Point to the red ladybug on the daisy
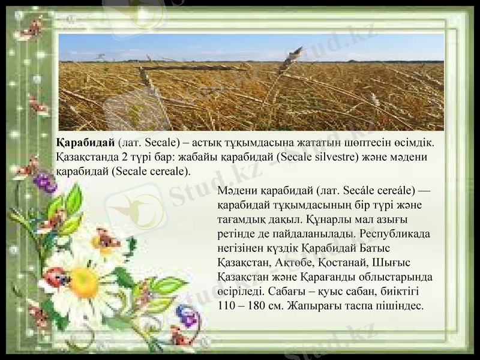point(56,277)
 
